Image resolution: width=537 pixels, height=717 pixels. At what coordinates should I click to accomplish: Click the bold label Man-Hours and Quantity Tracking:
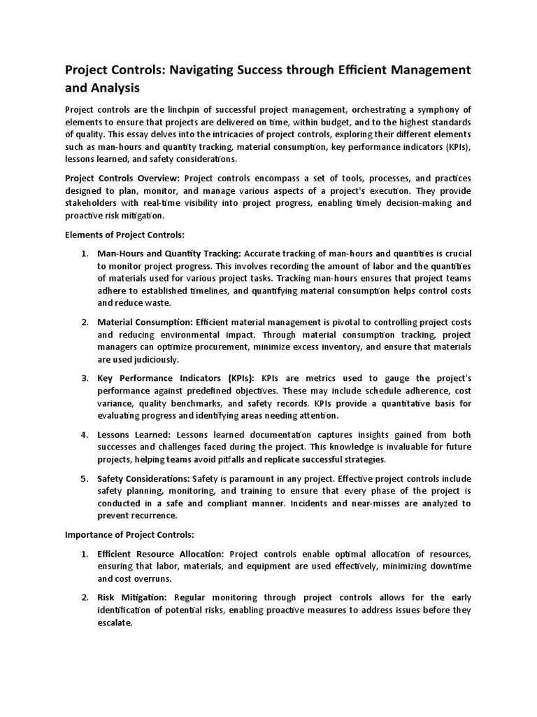click(x=169, y=253)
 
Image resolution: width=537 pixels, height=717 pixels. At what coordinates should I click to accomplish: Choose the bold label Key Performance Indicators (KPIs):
click(x=177, y=378)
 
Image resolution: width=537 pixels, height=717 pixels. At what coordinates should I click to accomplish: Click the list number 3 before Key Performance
click(x=83, y=378)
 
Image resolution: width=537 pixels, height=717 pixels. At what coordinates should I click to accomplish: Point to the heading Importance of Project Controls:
click(x=129, y=534)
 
